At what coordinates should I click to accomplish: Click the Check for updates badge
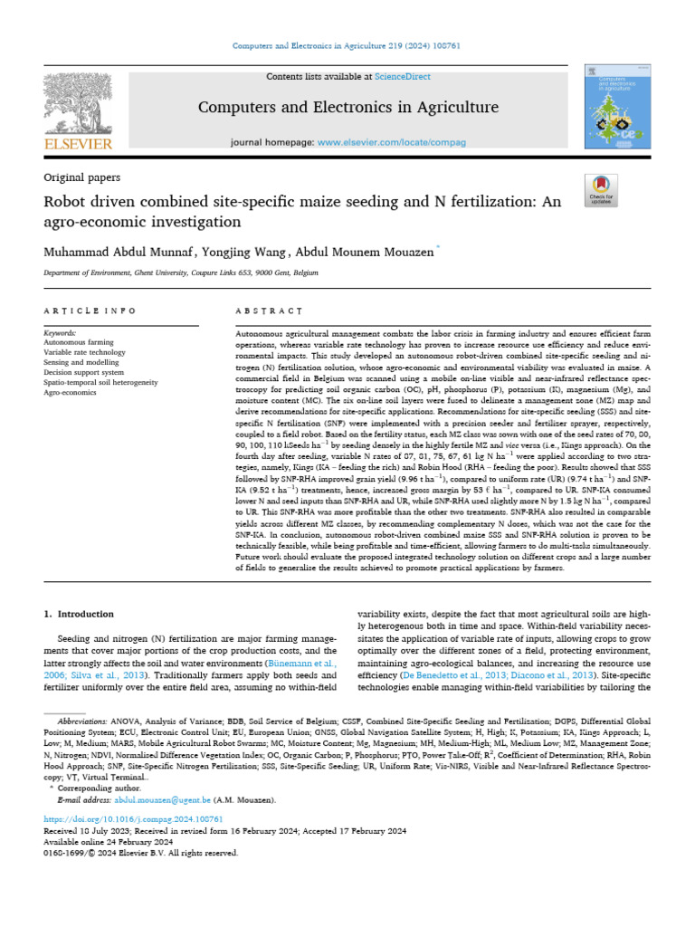pos(601,188)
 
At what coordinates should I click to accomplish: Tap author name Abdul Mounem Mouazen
pos(363,249)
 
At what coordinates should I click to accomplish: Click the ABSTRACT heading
pos(269,311)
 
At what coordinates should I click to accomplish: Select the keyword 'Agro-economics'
pos(72,393)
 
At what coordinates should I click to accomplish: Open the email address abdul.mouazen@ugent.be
pos(162,801)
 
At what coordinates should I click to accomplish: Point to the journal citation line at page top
pos(347,45)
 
